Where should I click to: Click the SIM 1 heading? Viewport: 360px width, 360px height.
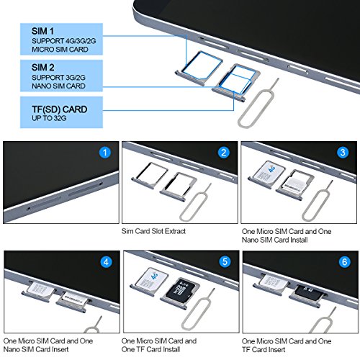[x=42, y=31]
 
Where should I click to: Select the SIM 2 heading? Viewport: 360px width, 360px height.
[x=42, y=68]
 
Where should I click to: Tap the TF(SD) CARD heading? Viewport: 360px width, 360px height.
[x=59, y=109]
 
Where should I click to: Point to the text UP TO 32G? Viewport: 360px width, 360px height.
[x=49, y=118]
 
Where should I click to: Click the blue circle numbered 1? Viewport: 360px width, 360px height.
[x=105, y=153]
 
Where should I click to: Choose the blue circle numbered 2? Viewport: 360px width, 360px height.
[x=224, y=153]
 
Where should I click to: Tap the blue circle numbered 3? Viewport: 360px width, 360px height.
[x=343, y=153]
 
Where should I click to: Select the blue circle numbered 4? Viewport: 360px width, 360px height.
[x=106, y=262]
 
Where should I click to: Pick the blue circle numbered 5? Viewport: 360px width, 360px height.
[x=225, y=262]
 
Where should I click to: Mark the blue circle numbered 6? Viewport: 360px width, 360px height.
[x=344, y=262]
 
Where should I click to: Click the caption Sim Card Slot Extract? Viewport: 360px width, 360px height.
[x=153, y=231]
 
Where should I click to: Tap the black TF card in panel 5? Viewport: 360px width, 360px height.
[x=181, y=291]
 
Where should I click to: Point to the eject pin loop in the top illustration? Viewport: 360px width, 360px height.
[x=255, y=109]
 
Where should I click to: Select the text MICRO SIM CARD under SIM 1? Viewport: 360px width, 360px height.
[x=60, y=50]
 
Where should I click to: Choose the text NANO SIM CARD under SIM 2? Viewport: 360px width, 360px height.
[x=58, y=86]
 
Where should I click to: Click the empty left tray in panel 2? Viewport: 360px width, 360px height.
[x=149, y=175]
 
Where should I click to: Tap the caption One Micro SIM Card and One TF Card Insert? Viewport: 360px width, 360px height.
[x=287, y=345]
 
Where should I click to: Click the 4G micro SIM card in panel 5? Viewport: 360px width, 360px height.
[x=152, y=279]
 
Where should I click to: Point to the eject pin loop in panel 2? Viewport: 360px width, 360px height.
[x=193, y=207]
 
